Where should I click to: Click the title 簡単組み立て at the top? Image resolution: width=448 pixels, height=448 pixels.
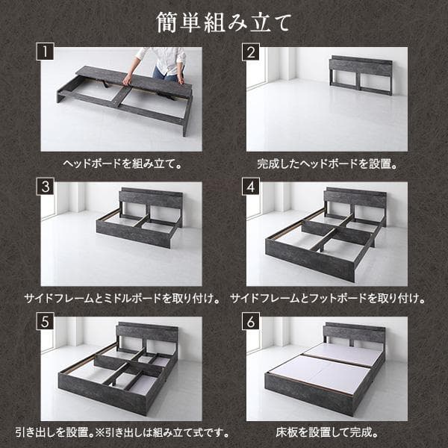tap(224, 22)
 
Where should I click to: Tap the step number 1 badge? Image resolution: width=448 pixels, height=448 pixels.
tap(45, 52)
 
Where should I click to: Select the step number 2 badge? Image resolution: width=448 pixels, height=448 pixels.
tap(251, 52)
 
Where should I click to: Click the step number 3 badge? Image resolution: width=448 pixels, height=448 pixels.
tap(45, 187)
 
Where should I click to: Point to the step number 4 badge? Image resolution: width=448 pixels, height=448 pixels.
tap(251, 187)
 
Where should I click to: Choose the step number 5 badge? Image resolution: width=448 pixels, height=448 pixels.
tap(45, 321)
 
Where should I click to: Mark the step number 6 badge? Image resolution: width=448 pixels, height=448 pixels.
tap(251, 321)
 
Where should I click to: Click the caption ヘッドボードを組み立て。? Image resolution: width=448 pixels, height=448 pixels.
tap(122, 164)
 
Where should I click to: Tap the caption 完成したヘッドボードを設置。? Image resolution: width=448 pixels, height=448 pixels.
tap(327, 164)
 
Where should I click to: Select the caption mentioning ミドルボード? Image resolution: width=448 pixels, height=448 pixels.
tap(122, 299)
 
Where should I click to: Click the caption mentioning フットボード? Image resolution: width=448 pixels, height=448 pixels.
tap(328, 299)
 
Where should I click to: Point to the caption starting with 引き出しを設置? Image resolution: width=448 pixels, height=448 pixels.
tap(122, 433)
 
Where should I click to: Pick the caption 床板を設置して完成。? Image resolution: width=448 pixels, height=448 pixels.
tap(327, 433)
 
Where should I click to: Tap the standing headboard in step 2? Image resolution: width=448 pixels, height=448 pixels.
tap(361, 75)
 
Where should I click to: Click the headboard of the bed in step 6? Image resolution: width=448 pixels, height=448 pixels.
tap(354, 335)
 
